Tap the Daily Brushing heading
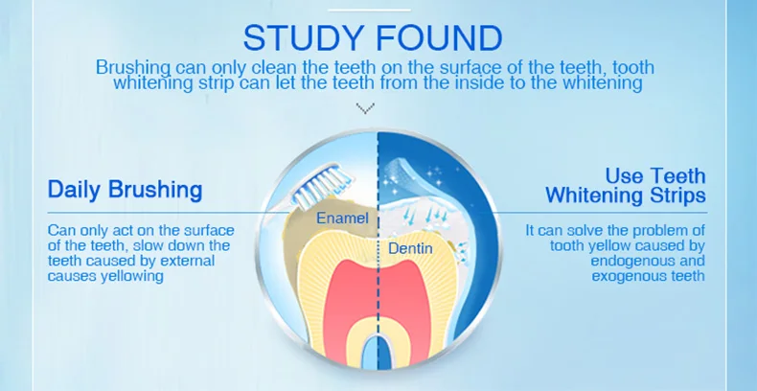tap(126, 189)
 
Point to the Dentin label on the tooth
tap(410, 249)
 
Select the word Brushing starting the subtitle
tap(133, 67)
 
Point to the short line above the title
tap(369, 9)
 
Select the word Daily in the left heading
tap(73, 189)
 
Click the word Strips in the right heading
tap(678, 195)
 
